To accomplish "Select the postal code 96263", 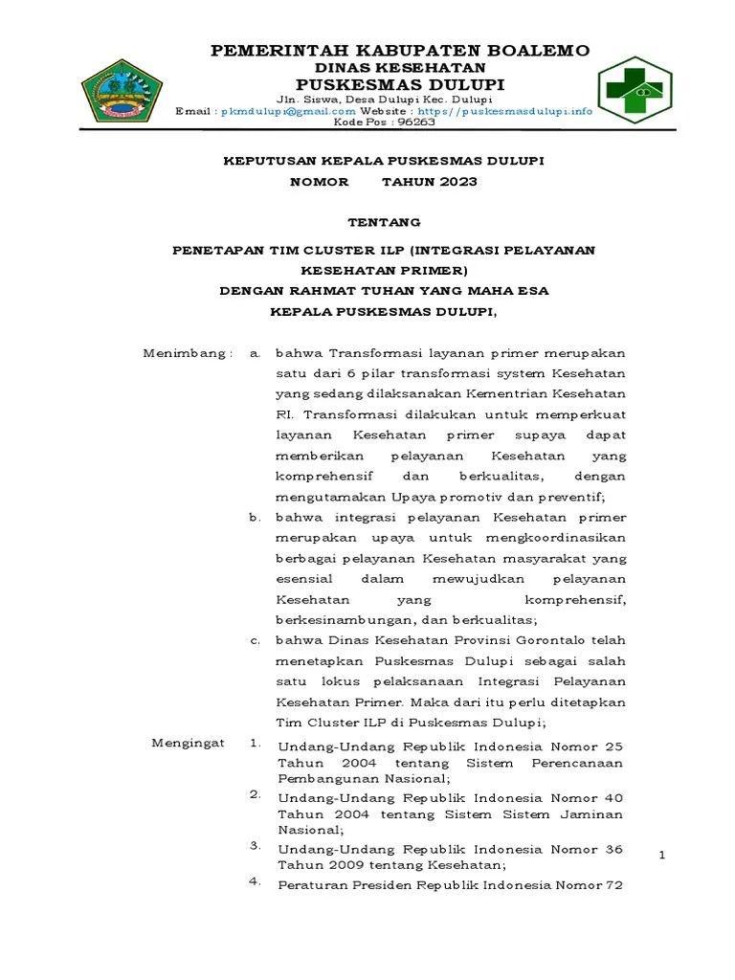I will [415, 122].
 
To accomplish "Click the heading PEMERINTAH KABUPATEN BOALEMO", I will [399, 50].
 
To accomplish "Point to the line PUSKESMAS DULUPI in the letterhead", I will [399, 84].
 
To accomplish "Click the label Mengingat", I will [188, 743].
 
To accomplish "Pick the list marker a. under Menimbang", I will [255, 352].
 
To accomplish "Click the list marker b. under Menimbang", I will [255, 517].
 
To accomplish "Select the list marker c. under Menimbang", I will [255, 640].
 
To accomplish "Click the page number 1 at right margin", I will [661, 855].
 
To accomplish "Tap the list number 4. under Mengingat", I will [256, 881].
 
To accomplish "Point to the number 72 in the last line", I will [613, 885].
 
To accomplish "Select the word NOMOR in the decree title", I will [320, 181].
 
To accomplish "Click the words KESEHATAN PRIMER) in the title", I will [383, 270].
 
